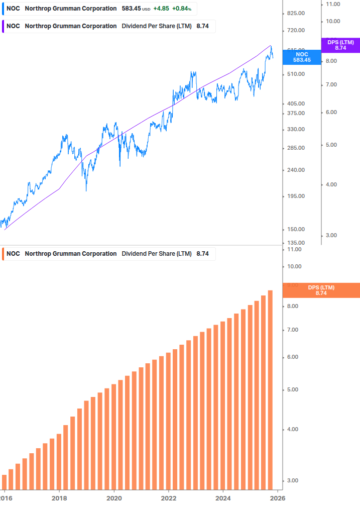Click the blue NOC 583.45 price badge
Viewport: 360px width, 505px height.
click(x=302, y=57)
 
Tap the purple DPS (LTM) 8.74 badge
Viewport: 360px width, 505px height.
click(x=340, y=45)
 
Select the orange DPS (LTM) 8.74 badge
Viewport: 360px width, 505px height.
click(x=321, y=290)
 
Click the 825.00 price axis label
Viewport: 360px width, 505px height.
click(x=295, y=14)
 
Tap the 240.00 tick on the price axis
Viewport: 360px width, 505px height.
click(x=295, y=170)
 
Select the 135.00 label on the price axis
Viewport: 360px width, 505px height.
click(x=295, y=243)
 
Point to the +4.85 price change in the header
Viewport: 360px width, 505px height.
click(x=161, y=9)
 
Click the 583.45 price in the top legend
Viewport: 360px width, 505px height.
click(x=131, y=9)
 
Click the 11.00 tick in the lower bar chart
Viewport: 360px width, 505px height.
click(x=294, y=249)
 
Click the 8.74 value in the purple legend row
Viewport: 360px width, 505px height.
click(x=202, y=26)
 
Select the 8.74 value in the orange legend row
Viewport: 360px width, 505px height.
click(x=202, y=254)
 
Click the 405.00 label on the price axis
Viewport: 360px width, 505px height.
click(x=295, y=104)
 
